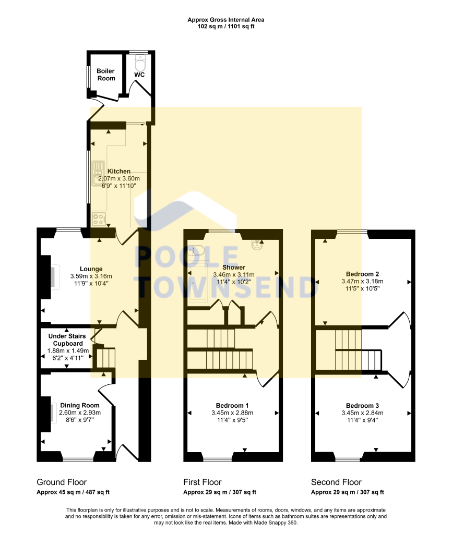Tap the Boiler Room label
[x=106, y=75]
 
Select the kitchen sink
[x=99, y=173]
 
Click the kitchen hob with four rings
[x=98, y=219]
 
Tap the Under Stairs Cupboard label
[x=65, y=340]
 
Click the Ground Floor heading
[x=62, y=482]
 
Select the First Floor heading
[x=203, y=482]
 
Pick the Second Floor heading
[x=336, y=482]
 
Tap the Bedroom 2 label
[x=362, y=274]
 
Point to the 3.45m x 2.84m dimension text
[x=362, y=412]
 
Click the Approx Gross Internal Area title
[x=226, y=20]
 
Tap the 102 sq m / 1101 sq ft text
[x=226, y=26]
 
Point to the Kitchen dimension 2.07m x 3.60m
[x=119, y=178]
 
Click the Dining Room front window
[x=78, y=459]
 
